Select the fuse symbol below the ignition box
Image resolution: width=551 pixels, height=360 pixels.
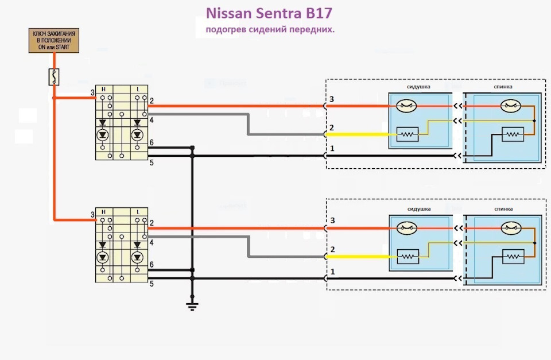[54, 76]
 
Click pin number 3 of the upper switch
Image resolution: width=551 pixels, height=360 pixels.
[92, 92]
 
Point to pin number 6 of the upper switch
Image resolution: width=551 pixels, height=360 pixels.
[152, 142]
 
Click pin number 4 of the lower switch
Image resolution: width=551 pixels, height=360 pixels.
[152, 243]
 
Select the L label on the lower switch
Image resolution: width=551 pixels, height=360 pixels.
[138, 212]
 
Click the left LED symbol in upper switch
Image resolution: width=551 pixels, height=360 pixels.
[103, 136]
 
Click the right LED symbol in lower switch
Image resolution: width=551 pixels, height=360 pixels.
[137, 257]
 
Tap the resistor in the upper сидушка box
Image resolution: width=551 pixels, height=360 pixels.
[408, 134]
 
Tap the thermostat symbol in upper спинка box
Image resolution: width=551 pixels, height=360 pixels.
[510, 106]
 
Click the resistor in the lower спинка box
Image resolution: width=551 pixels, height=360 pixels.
[512, 256]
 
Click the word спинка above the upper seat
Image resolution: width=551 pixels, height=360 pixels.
[503, 87]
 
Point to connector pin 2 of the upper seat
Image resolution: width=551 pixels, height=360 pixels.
[332, 127]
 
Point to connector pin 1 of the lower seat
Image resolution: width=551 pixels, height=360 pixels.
[332, 271]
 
